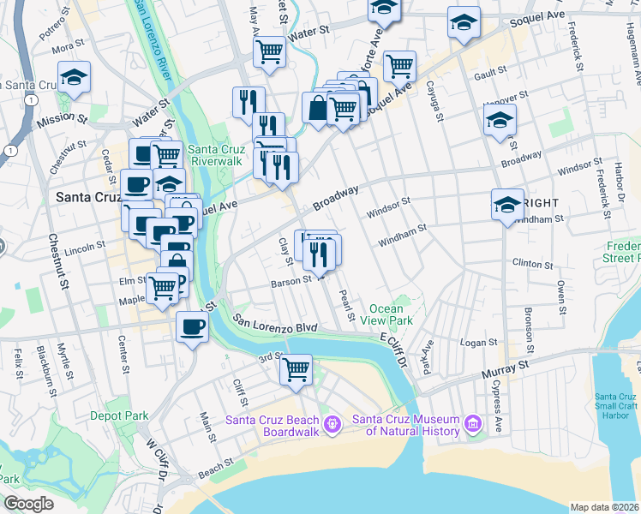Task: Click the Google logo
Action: tap(29, 504)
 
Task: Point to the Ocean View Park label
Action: tap(392, 314)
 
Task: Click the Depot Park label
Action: tap(119, 415)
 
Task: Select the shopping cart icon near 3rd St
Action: tap(296, 369)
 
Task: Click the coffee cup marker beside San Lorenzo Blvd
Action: tap(192, 326)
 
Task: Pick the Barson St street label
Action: tap(291, 280)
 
